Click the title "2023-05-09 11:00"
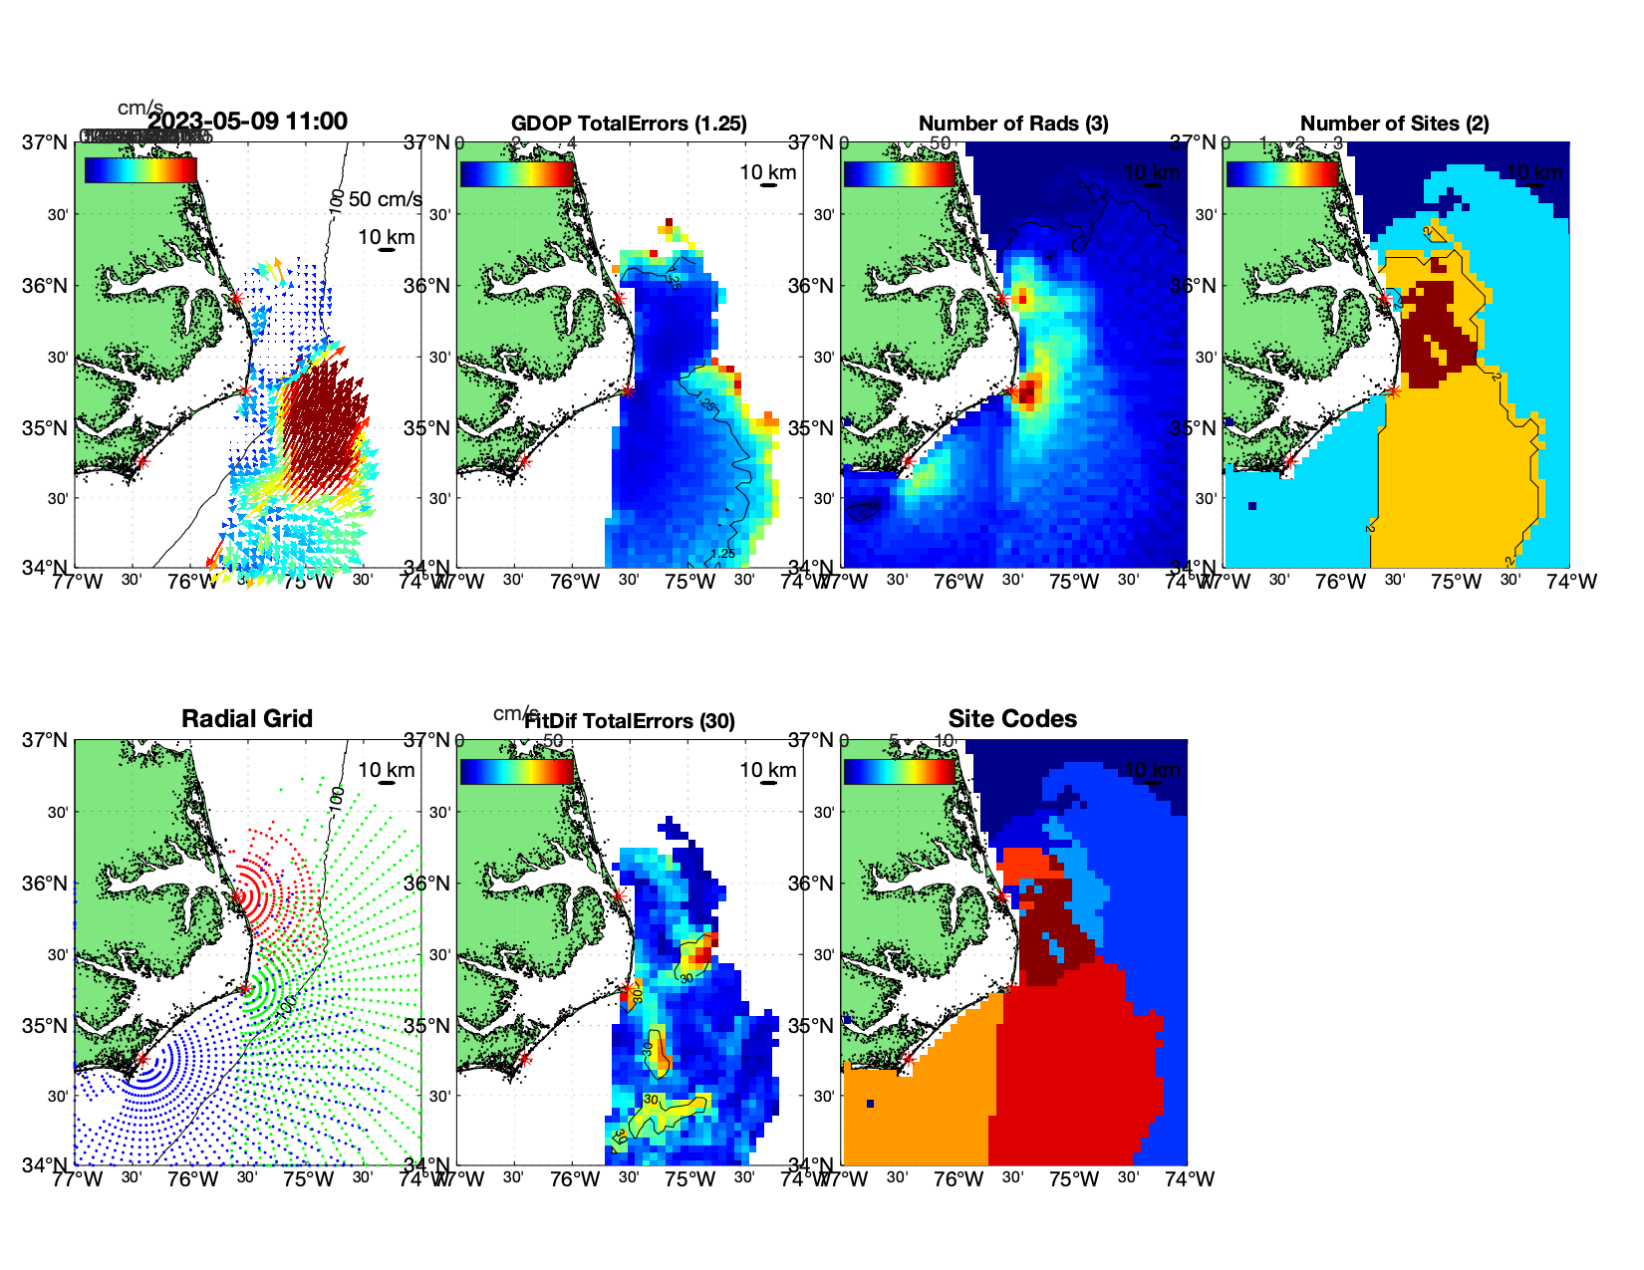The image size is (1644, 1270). point(247,122)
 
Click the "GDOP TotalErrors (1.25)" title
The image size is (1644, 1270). point(629,124)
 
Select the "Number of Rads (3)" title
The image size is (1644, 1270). point(1013,124)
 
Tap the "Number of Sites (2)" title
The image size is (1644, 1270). point(1394,124)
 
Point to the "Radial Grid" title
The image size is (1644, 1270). point(247,719)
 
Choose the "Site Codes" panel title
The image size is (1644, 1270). point(1012,719)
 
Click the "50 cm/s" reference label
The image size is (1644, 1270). point(386,199)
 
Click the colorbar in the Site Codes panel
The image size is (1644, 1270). point(899,771)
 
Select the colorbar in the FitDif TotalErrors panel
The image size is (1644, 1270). point(516,771)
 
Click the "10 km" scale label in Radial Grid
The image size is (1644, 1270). point(386,770)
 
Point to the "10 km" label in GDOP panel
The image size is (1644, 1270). point(767,172)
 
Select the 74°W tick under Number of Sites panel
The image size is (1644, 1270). point(1571,582)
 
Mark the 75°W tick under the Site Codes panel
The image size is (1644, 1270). point(1074,1179)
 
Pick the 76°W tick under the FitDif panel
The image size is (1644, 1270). point(575,1179)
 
